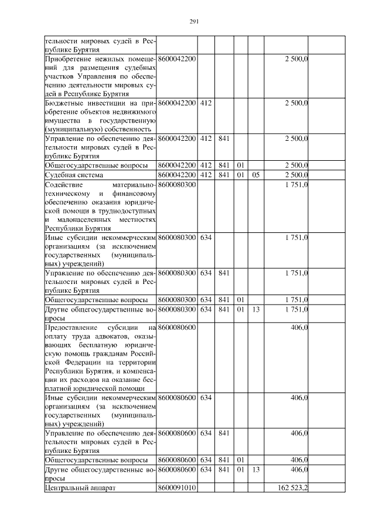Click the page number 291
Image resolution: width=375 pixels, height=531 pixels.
(195, 22)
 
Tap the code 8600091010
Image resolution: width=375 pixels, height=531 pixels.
(177, 488)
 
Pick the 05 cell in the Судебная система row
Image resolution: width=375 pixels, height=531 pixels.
(255, 174)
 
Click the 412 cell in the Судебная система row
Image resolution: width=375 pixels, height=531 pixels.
(205, 174)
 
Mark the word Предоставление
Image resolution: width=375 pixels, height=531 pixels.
(71, 327)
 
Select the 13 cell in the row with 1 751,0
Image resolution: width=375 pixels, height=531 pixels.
(255, 309)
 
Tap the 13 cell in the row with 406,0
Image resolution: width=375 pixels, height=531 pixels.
(255, 469)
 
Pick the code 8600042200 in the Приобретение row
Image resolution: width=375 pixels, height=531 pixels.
(177, 59)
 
